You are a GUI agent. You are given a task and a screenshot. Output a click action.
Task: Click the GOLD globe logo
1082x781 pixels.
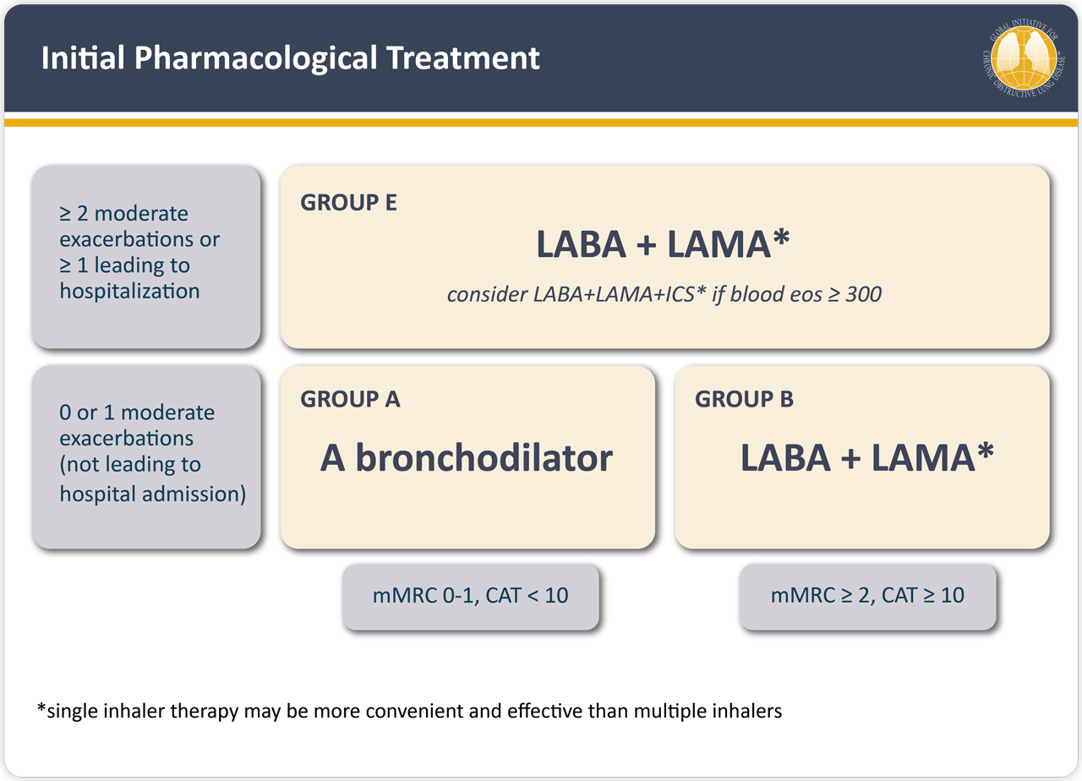[1024, 58]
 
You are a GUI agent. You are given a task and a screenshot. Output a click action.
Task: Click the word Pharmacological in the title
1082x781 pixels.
[256, 59]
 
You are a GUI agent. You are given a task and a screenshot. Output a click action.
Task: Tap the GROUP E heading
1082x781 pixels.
[348, 202]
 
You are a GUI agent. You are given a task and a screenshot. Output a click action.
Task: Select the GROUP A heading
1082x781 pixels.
[350, 400]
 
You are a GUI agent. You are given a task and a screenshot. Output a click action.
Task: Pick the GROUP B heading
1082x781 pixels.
[744, 400]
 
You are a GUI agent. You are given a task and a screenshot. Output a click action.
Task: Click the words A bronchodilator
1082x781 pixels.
[467, 458]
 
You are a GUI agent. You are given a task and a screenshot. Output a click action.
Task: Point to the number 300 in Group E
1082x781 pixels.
[863, 294]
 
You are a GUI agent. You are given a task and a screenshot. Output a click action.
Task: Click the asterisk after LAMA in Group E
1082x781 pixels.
[781, 237]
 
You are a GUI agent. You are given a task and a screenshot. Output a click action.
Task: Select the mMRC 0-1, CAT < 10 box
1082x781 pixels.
[471, 597]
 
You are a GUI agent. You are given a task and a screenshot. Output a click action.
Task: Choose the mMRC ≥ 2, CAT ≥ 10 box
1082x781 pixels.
[867, 597]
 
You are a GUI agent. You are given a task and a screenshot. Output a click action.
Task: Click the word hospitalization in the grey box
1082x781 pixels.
[129, 292]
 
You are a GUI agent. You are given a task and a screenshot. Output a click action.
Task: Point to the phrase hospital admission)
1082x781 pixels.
[153, 494]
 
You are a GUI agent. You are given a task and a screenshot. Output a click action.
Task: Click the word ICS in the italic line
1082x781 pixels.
[680, 294]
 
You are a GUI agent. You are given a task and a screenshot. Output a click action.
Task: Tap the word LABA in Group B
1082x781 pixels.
[785, 458]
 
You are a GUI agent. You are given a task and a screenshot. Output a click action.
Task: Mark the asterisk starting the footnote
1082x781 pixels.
[41, 708]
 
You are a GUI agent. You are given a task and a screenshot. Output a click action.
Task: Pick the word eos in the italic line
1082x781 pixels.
[807, 295]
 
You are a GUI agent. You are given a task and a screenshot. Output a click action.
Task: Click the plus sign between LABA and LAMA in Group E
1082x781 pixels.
[647, 245]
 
